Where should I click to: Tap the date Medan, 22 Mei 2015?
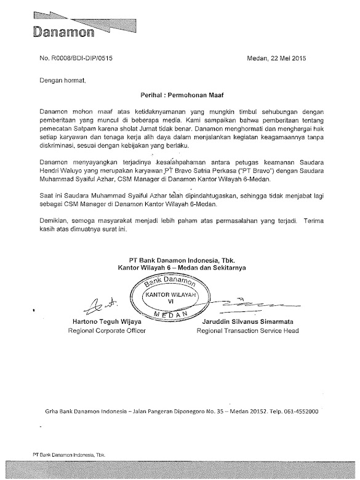(271, 59)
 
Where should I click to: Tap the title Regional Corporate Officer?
(100, 331)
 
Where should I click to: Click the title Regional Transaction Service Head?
(247, 331)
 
